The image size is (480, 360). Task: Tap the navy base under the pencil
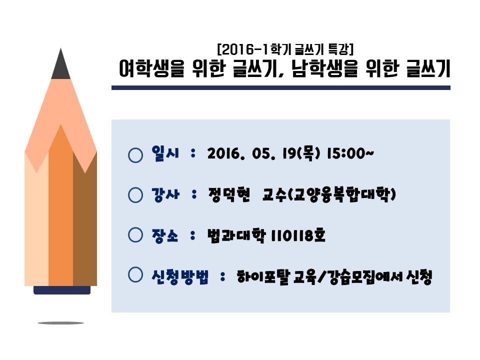[x=62, y=290]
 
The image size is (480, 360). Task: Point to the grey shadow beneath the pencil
[x=60, y=323]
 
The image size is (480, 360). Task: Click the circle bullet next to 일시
[x=135, y=155]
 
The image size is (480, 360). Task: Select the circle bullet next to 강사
[x=135, y=195]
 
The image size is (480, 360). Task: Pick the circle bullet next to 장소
[x=135, y=235]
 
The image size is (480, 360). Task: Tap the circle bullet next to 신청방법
[x=135, y=274]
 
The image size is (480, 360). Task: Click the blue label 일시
[x=165, y=153]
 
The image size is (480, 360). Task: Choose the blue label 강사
[x=165, y=194]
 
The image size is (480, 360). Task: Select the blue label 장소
[x=165, y=235]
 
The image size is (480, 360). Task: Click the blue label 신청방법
[x=180, y=277]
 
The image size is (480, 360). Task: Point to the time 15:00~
[x=350, y=153]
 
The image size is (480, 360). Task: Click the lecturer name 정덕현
[x=229, y=194]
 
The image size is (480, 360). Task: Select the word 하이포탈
[x=263, y=277]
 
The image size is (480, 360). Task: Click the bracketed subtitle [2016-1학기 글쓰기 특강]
[x=285, y=49]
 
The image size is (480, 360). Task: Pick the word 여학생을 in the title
[x=152, y=68]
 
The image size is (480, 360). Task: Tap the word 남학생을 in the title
[x=325, y=68]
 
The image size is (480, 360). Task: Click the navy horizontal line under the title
[x=280, y=88]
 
